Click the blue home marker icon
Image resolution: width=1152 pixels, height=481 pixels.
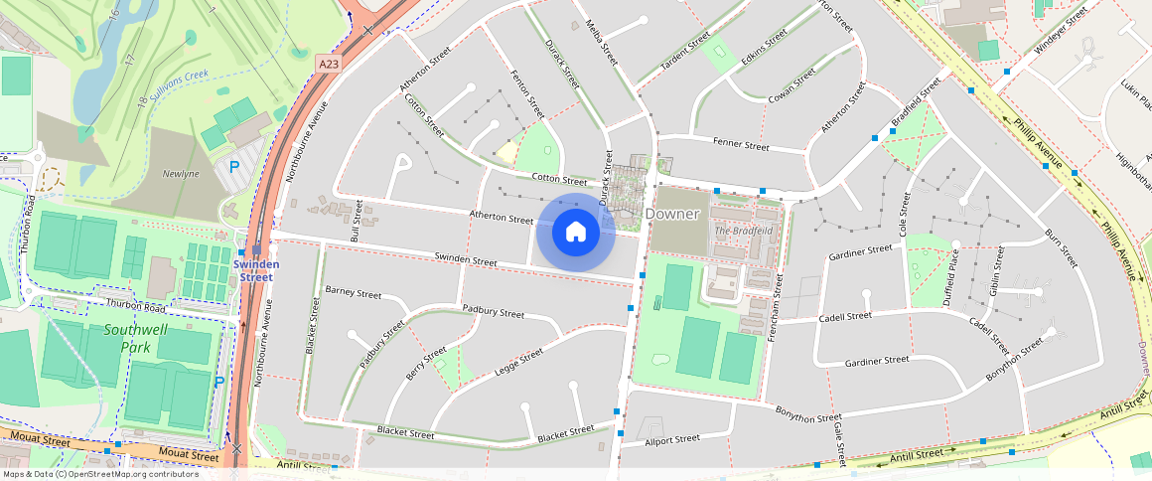(x=575, y=232)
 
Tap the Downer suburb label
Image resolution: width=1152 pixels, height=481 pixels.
(x=672, y=214)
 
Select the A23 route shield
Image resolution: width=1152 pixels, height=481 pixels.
(x=330, y=63)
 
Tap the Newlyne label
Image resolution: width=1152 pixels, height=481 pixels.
(x=181, y=174)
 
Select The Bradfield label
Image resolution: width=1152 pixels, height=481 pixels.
(x=743, y=231)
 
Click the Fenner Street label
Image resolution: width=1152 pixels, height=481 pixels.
(x=741, y=145)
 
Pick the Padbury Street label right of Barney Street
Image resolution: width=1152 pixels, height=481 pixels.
(x=493, y=312)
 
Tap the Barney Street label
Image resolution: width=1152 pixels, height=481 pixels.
(x=354, y=293)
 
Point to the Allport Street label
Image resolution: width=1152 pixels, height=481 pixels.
(x=672, y=438)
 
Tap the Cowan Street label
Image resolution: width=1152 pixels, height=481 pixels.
(x=792, y=85)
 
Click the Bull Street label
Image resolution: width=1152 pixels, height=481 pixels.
(x=357, y=221)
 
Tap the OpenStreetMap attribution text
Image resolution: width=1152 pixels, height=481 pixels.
(x=100, y=474)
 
